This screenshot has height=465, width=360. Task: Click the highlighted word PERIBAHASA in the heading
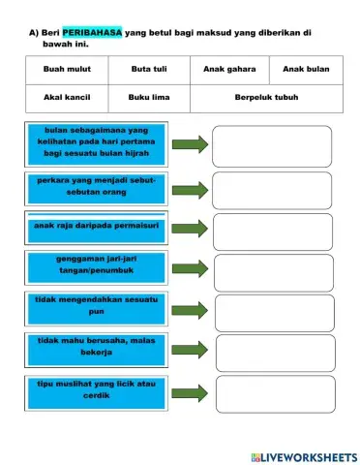click(x=92, y=32)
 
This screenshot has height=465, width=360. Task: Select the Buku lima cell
click(x=147, y=98)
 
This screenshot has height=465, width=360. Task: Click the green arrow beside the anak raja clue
click(x=191, y=230)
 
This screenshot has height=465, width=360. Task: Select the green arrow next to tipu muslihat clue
click(x=191, y=392)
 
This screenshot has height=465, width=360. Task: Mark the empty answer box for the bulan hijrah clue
click(x=271, y=145)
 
